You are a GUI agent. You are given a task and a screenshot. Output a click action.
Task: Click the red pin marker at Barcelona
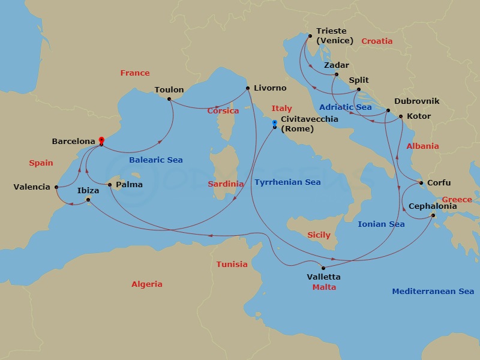pyautogui.click(x=101, y=139)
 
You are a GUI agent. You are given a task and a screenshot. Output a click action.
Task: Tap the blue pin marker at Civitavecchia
pyautogui.click(x=275, y=123)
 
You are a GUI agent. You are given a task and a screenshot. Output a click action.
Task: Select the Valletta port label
pyautogui.click(x=323, y=277)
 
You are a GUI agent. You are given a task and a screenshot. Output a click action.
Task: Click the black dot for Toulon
pyautogui.click(x=169, y=98)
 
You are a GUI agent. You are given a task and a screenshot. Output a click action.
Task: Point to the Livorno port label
pyautogui.click(x=270, y=88)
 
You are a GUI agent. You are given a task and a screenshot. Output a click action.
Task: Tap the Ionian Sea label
pyautogui.click(x=381, y=224)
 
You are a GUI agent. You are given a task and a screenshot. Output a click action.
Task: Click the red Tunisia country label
pyautogui.click(x=232, y=264)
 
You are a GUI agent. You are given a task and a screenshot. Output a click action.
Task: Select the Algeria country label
pyautogui.click(x=147, y=284)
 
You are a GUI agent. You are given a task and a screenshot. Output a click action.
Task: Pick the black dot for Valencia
pyautogui.click(x=56, y=187)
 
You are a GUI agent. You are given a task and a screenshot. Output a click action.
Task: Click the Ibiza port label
pyautogui.click(x=89, y=190)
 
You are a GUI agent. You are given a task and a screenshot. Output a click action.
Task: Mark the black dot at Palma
pyautogui.click(x=110, y=185)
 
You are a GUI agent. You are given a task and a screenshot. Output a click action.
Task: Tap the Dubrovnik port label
pyautogui.click(x=416, y=101)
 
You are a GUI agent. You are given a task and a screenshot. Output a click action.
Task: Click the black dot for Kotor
pyautogui.click(x=401, y=117)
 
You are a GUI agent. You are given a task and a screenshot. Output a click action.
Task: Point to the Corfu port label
pyautogui.click(x=439, y=183)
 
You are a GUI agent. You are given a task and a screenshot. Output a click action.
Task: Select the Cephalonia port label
pyautogui.click(x=432, y=206)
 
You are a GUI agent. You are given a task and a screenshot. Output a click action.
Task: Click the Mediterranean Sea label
pyautogui.click(x=433, y=292)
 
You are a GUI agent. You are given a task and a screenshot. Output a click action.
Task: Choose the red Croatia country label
pyautogui.click(x=377, y=41)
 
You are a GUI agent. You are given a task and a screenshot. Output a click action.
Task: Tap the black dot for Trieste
pyautogui.click(x=310, y=36)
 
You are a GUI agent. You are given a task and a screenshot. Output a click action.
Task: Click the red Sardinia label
pyautogui.click(x=226, y=184)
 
